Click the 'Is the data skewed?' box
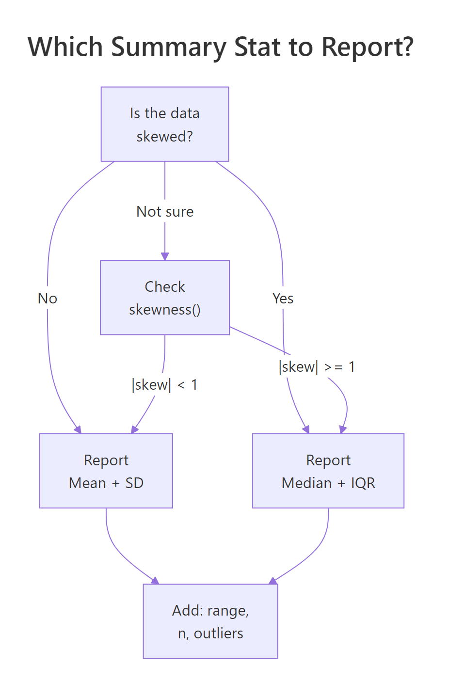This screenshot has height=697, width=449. tap(164, 124)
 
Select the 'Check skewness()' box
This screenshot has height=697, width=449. tap(164, 297)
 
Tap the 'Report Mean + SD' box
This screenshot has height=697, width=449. tap(106, 471)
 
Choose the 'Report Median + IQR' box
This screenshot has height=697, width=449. tap(328, 471)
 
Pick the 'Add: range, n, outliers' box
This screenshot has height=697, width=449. tap(210, 621)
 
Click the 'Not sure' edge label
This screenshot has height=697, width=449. tap(165, 212)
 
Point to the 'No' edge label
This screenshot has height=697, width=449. tap(48, 299)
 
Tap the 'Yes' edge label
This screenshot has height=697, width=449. tap(283, 299)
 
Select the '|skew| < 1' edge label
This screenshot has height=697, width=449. tap(164, 385)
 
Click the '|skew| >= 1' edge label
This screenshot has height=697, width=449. tap(317, 367)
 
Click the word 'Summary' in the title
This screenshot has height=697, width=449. tap(169, 48)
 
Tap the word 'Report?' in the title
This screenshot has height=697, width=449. tap(368, 48)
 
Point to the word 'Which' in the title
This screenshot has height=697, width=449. tap(65, 48)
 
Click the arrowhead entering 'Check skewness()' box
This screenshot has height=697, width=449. tap(165, 256)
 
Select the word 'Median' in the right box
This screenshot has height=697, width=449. tap(306, 483)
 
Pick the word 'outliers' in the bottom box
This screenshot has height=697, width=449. tap(219, 634)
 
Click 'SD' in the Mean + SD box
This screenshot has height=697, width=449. tap(134, 483)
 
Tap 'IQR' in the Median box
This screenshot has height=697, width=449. tap(363, 483)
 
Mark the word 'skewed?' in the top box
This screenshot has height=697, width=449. tap(164, 137)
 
